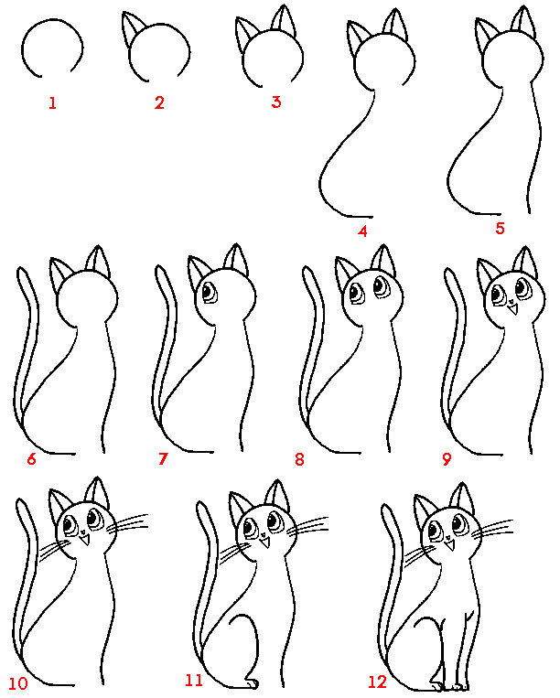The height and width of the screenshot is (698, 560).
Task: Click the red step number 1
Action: pos(52,103)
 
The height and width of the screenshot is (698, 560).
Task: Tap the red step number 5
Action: pos(500,229)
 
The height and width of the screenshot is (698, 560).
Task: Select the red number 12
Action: pos(377,682)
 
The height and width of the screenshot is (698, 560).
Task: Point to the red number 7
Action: pos(163,458)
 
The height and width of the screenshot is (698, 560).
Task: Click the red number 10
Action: pos(17,683)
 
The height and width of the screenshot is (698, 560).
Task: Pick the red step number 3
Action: pos(276,102)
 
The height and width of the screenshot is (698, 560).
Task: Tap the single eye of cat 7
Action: pos(209,292)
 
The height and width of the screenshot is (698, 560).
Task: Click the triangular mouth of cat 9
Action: pos(513,307)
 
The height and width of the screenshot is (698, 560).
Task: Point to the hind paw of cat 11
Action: pos(252,682)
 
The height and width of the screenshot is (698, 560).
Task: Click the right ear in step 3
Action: pos(284,21)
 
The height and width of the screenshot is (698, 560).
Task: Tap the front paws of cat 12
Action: pos(450,684)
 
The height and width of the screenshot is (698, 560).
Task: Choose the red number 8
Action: pos(299,459)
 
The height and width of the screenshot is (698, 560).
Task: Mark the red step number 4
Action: pos(362,231)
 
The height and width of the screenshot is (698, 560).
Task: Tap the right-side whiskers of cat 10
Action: pos(128,523)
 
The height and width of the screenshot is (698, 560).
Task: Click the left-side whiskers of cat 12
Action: pos(417,554)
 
